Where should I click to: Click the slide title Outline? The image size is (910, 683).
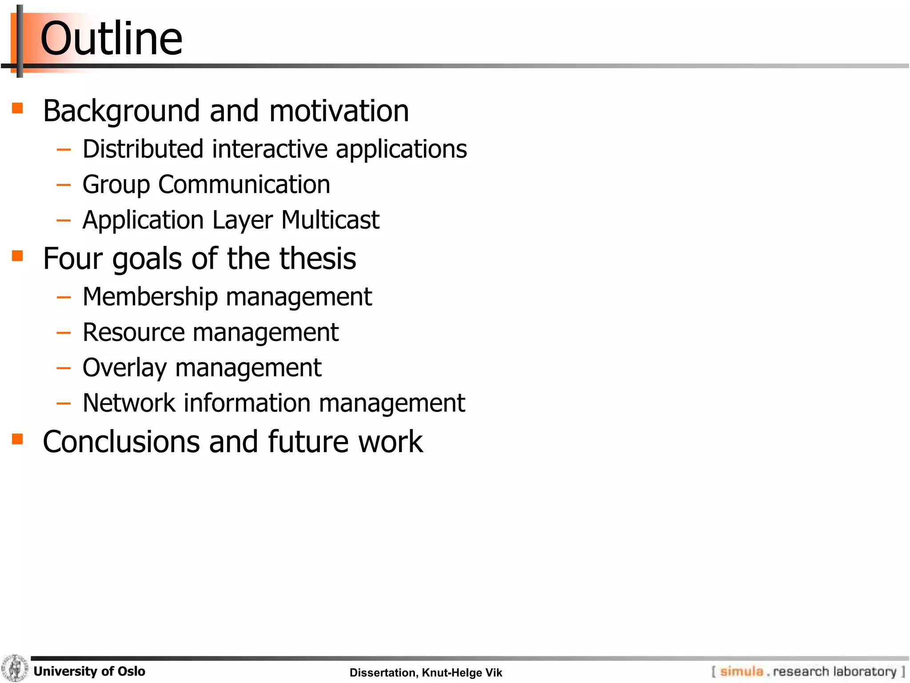[111, 39]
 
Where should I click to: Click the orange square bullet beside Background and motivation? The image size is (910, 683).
[17, 108]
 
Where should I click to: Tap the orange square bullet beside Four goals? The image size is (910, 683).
[17, 256]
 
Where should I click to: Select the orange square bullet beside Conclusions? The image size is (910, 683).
[17, 439]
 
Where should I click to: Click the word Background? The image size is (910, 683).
[121, 111]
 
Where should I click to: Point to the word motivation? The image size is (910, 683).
[339, 111]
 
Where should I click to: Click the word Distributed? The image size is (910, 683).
[142, 149]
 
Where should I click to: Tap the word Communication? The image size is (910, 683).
[244, 185]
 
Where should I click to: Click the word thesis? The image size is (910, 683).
[324, 259]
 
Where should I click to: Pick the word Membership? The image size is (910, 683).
[150, 297]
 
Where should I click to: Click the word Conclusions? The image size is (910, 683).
[121, 442]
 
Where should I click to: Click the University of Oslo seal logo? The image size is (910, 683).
[15, 668]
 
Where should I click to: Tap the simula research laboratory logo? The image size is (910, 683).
[808, 671]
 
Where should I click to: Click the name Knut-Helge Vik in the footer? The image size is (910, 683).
[462, 673]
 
